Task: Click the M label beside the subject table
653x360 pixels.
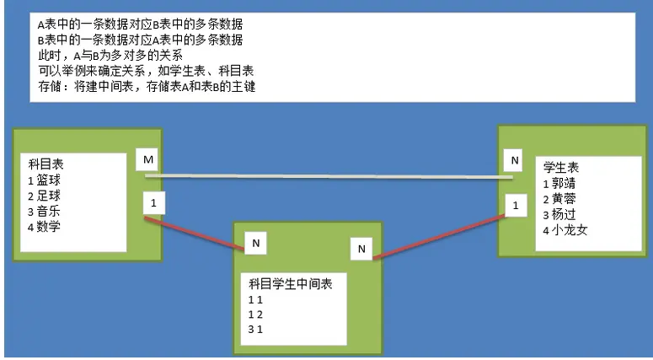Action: point(149,160)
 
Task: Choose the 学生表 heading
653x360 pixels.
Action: point(561,168)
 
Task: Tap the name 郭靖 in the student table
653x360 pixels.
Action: point(565,183)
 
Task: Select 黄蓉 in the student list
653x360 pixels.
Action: point(565,199)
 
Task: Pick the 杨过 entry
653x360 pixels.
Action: point(565,214)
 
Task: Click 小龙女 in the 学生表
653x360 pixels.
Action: point(570,229)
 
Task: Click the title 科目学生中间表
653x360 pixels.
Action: point(291,284)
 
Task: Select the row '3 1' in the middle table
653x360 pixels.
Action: point(255,329)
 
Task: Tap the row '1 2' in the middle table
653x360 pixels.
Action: point(255,314)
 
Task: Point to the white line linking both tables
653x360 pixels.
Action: point(329,176)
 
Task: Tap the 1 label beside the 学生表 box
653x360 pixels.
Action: point(514,204)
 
